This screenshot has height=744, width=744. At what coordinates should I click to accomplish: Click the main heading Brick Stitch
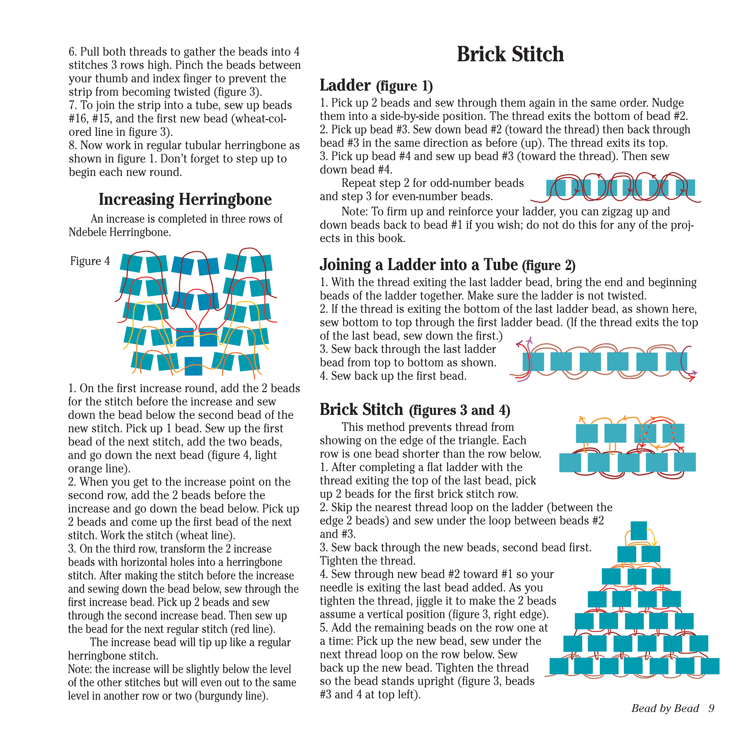510,54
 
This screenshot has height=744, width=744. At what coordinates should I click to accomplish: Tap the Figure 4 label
90,261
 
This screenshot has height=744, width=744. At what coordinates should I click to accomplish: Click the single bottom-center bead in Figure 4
193,366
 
